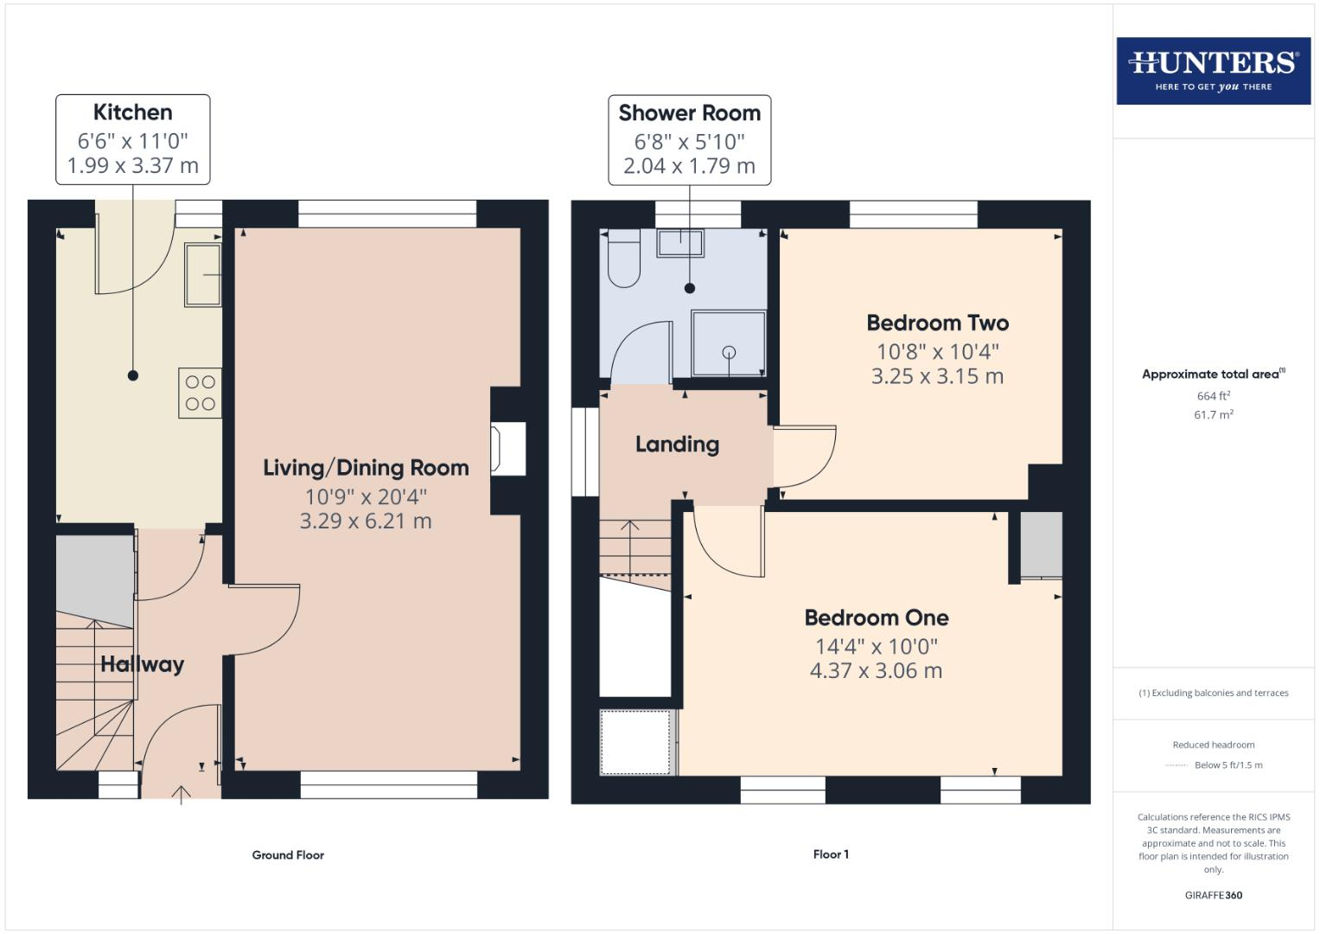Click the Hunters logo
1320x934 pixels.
1213,70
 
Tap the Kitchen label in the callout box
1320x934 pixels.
132,112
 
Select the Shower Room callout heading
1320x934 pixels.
689,113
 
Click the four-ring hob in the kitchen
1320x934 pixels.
200,393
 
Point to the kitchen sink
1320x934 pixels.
202,275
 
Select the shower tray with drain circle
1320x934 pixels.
728,343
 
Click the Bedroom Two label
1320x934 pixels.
937,323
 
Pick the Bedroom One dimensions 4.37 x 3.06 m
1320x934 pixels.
876,671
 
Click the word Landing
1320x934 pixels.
677,445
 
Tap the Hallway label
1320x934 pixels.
142,664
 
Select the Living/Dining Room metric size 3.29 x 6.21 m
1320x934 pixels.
365,521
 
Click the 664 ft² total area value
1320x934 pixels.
1213,396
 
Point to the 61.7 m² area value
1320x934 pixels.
1213,415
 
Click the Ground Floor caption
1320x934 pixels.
288,855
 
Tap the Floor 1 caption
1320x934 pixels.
831,854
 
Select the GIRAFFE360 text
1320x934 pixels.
1213,896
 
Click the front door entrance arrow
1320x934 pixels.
181,794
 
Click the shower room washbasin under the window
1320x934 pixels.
679,243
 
